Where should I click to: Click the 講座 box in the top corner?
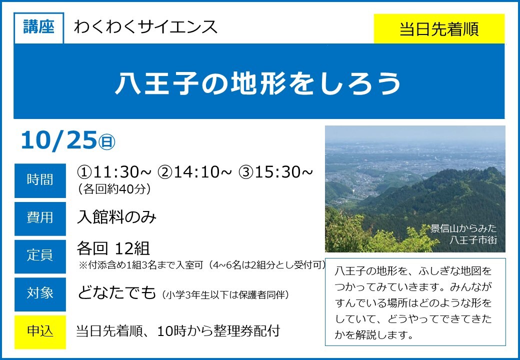39,28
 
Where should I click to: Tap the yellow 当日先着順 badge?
439,29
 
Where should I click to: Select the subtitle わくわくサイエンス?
145,27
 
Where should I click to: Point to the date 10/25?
59,140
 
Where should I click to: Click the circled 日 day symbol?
106,142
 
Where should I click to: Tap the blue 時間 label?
40,180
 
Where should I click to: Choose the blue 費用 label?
40,218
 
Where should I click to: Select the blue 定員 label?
40,256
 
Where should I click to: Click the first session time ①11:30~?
114,171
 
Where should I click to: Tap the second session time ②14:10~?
194,171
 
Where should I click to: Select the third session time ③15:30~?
275,171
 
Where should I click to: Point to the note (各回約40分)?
114,189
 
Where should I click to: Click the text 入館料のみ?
116,217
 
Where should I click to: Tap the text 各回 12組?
113,248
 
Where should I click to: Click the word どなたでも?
116,292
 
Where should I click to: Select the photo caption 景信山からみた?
463,228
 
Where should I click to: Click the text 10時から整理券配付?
218,331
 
